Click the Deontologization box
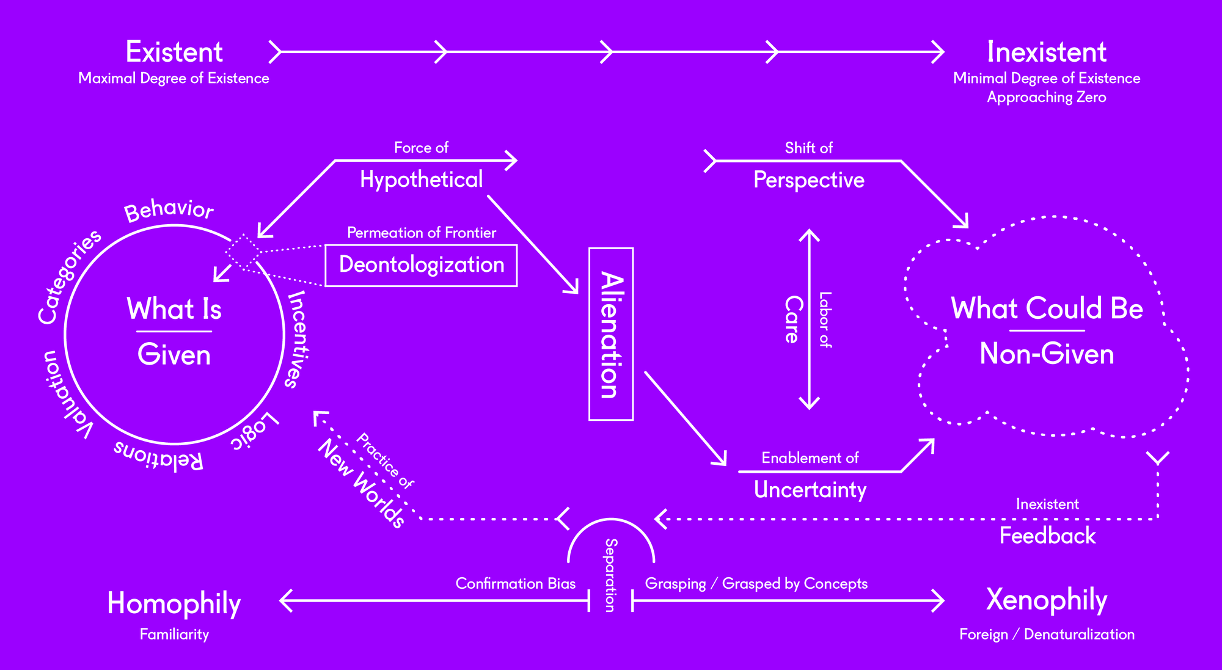click(x=421, y=265)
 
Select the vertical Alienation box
click(x=610, y=334)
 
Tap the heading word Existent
click(x=174, y=52)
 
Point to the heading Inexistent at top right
click(x=1046, y=52)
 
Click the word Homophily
click(x=174, y=603)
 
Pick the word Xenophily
click(x=1047, y=600)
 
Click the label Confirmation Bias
click(x=515, y=584)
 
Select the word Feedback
click(x=1047, y=536)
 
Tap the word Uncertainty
click(x=810, y=490)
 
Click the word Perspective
click(x=808, y=180)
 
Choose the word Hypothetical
click(x=421, y=180)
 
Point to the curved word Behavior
click(x=169, y=209)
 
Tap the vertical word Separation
click(x=610, y=575)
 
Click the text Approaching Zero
click(x=1046, y=98)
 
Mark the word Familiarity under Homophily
click(x=174, y=635)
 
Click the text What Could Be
click(x=1047, y=308)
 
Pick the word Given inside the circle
click(x=174, y=355)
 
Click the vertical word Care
click(x=793, y=319)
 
